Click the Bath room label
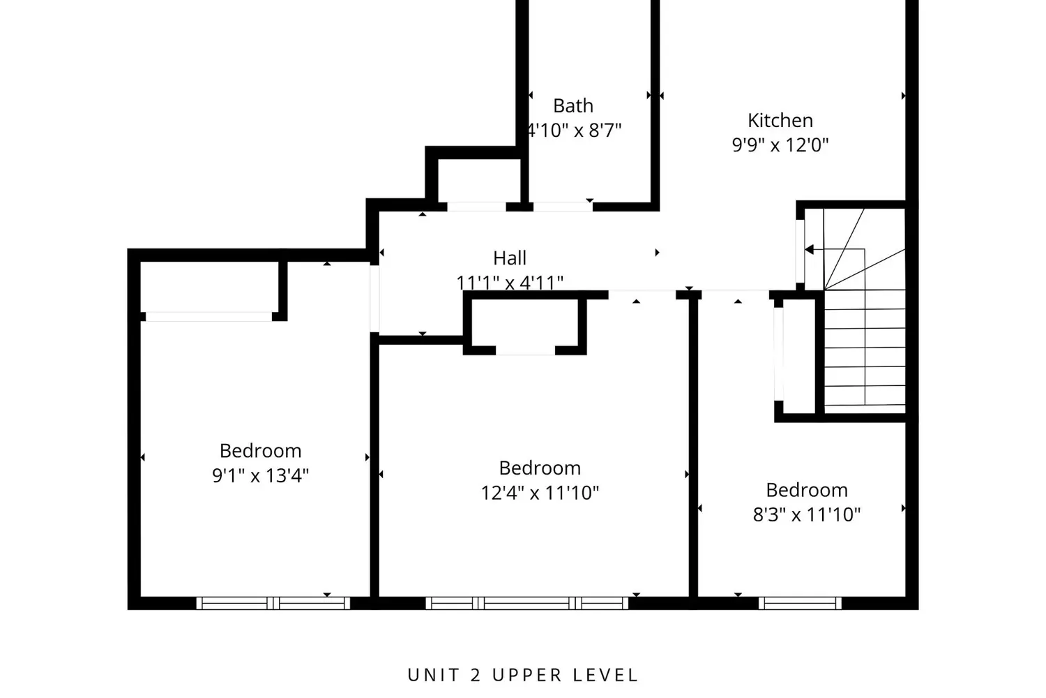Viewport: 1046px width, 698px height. click(x=573, y=106)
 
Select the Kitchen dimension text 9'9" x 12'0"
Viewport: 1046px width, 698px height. click(x=780, y=145)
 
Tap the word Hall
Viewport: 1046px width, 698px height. click(x=510, y=258)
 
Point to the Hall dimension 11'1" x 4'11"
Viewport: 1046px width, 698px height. click(x=510, y=283)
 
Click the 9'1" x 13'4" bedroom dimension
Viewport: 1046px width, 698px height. click(x=260, y=476)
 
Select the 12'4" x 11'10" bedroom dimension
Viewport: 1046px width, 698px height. click(x=540, y=493)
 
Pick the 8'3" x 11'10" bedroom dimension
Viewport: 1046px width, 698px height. click(x=806, y=515)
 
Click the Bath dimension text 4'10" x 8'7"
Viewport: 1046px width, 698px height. click(x=573, y=131)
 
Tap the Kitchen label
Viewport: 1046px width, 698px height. click(x=780, y=121)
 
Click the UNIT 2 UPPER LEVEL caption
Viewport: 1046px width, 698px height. click(x=523, y=675)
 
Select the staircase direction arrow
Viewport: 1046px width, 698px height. click(x=810, y=249)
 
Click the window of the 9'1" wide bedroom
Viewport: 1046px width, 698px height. click(x=273, y=603)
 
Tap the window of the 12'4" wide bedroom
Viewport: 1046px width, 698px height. click(x=527, y=603)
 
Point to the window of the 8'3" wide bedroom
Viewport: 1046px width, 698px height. click(x=800, y=603)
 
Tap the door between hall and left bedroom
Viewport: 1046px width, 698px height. click(x=374, y=298)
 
